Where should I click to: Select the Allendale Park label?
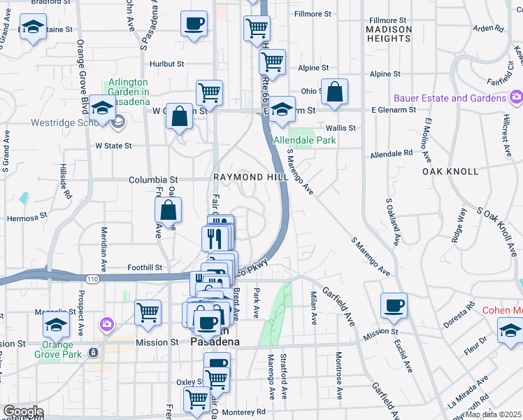pos(305,140)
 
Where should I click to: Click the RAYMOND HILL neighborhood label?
pos(250,178)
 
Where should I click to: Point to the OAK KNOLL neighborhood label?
pos(450,171)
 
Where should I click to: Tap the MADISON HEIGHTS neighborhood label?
pos(389,33)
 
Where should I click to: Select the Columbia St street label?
pos(153,180)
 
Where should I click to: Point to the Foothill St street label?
pos(145,267)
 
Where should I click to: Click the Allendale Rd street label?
pos(392,153)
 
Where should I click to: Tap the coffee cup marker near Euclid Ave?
pos(394,305)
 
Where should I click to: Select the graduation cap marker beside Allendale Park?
pos(282,109)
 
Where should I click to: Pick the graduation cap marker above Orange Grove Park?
pos(56,324)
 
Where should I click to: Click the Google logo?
pos(23,412)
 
